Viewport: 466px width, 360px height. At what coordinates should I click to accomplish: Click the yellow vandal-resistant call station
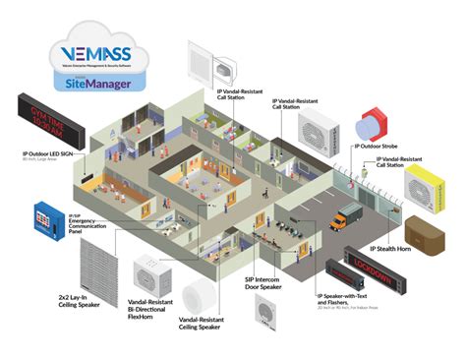coord(429,187)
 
